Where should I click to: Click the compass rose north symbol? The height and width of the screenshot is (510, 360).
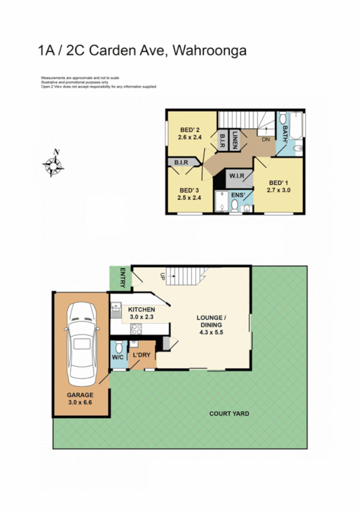coord(54,164)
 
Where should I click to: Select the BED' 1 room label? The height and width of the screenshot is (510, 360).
coord(278,183)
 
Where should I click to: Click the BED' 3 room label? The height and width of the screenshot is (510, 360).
coord(189,188)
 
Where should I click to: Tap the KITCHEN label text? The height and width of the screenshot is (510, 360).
coord(142,310)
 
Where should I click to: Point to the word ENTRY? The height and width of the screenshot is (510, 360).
coord(122,277)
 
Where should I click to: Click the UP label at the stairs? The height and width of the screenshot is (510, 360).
coord(162,276)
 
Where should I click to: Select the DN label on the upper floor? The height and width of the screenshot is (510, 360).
coord(266,140)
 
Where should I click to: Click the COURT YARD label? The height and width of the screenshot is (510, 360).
coord(229,414)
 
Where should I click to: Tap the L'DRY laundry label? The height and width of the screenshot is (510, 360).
coord(142,355)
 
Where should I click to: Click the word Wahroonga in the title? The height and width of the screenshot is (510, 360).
coord(209,51)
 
